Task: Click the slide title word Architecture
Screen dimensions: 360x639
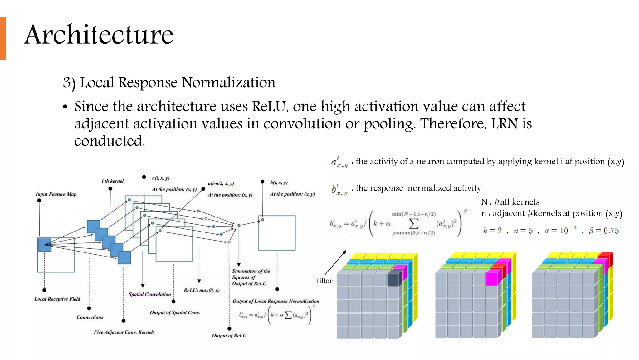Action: click(99, 35)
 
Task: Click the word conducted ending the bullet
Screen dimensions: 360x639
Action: click(110, 141)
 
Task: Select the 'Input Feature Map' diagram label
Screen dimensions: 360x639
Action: click(56, 194)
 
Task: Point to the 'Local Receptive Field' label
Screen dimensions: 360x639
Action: click(57, 299)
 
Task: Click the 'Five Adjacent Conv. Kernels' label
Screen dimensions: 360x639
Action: click(124, 332)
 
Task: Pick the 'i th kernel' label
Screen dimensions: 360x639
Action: click(113, 181)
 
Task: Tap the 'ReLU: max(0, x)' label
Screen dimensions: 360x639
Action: click(202, 290)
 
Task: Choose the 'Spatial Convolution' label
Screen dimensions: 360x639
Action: click(150, 294)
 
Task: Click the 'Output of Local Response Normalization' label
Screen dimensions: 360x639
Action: click(276, 301)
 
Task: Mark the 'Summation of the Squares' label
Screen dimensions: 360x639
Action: click(251, 274)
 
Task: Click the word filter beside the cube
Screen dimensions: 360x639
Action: click(324, 281)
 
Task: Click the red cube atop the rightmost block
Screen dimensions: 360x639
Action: click(606, 258)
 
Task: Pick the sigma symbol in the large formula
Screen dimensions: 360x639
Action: click(413, 223)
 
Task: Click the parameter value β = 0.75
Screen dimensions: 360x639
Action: click(603, 231)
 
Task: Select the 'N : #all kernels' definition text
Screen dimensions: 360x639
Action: click(510, 202)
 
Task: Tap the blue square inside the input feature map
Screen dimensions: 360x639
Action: click(45, 245)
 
